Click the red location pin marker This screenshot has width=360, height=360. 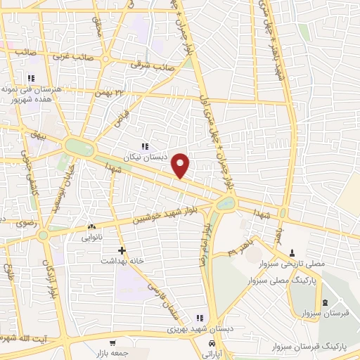pyautogui.click(x=181, y=165)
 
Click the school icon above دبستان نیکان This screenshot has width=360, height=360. pyautogui.click(x=144, y=146)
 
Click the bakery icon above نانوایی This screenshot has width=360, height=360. pyautogui.click(x=91, y=228)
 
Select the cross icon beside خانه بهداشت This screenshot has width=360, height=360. pyautogui.click(x=122, y=250)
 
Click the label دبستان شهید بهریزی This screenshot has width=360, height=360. pyautogui.click(x=192, y=328)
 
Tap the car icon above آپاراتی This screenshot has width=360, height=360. pyautogui.click(x=212, y=342)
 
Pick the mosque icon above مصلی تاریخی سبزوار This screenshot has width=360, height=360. pyautogui.click(x=293, y=252)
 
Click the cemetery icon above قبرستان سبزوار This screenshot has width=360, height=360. pyautogui.click(x=324, y=303)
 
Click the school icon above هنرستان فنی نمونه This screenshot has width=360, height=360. pyautogui.click(x=31, y=77)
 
